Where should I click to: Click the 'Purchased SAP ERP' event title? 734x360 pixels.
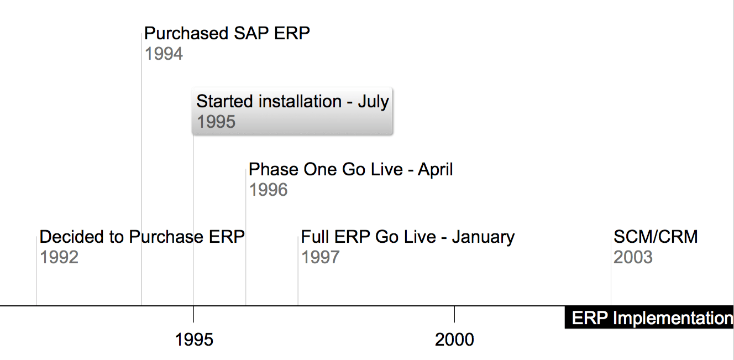(227, 33)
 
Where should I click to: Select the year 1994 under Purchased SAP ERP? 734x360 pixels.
(164, 54)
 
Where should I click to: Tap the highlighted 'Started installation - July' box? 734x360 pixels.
(292, 111)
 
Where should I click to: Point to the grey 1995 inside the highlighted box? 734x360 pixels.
(216, 122)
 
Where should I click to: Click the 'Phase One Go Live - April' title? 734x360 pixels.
(350, 170)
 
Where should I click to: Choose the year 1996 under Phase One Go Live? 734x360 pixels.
(269, 190)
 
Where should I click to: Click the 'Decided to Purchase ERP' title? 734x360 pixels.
(142, 237)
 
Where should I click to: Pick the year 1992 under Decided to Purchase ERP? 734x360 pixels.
(59, 257)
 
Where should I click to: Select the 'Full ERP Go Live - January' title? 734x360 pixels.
(408, 237)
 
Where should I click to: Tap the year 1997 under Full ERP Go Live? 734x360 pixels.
(320, 257)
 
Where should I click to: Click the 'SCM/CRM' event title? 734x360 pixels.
(656, 237)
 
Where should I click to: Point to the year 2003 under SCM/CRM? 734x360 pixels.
(633, 257)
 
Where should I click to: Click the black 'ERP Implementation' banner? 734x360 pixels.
(649, 317)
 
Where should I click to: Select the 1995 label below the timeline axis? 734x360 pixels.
(194, 340)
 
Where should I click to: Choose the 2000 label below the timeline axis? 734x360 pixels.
(454, 340)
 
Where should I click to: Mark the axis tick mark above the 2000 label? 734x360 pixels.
(454, 314)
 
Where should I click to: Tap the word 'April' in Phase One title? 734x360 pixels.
(435, 170)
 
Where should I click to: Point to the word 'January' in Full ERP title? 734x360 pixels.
(483, 237)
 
